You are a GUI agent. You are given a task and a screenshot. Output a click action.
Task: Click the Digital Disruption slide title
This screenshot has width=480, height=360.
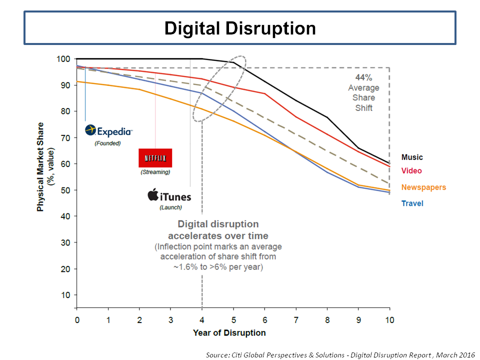point(240,28)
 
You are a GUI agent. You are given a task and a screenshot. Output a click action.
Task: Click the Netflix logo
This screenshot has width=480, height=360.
point(155,158)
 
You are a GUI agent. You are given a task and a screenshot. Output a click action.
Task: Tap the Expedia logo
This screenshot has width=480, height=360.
point(109,131)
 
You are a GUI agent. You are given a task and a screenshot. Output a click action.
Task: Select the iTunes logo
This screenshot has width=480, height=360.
point(169,195)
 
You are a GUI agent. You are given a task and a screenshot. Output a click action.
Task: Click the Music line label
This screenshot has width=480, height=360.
point(411,157)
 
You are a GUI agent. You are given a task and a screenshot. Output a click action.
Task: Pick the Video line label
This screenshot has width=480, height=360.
point(411,171)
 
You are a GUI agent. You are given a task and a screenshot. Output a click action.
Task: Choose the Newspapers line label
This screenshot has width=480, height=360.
point(423,187)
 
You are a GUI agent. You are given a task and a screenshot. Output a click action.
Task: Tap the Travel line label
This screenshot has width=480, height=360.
point(412,203)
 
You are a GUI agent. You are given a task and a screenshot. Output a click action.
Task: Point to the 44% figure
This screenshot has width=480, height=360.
point(363,78)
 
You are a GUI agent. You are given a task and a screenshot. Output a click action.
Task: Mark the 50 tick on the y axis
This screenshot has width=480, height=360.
point(64,190)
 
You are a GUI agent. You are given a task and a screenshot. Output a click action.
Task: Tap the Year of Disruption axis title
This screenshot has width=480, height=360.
point(229,333)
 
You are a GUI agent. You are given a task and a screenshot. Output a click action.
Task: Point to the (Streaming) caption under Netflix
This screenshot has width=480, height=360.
point(155,172)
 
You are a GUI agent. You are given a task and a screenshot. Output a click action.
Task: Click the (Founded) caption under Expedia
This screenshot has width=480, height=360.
point(108,143)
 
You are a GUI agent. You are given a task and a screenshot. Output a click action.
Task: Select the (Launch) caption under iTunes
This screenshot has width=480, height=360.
point(170,207)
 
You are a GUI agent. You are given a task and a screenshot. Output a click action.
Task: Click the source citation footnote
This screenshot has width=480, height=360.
point(340,355)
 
